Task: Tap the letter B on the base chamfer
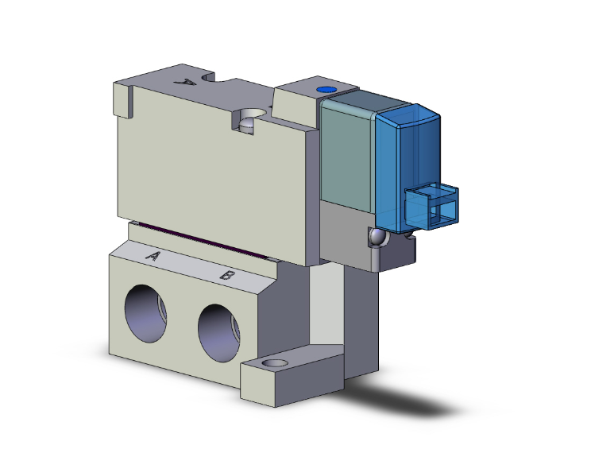(x=226, y=276)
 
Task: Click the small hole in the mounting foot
(x=275, y=364)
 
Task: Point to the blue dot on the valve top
(x=324, y=91)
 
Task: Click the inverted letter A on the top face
(x=187, y=82)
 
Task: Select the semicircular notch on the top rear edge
(x=217, y=79)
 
